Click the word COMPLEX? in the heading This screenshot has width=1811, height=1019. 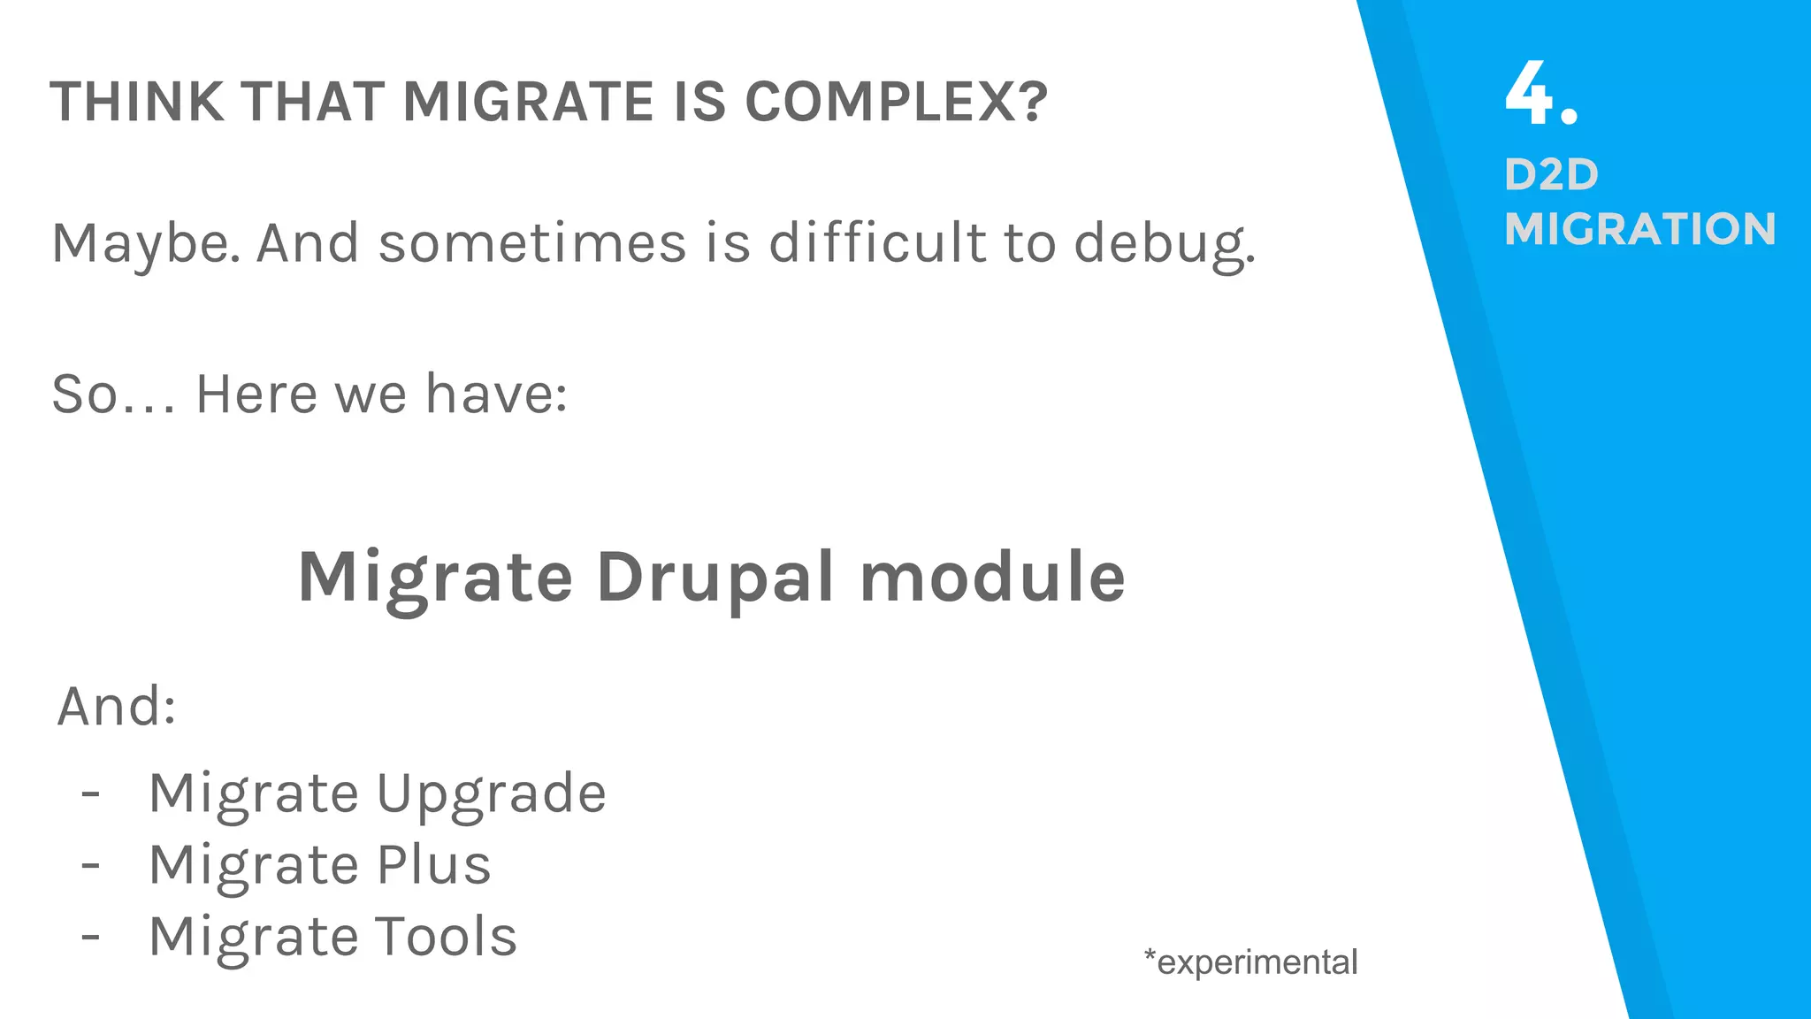coord(896,102)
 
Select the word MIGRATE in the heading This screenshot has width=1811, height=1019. coord(528,102)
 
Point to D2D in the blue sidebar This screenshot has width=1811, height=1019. coord(1551,175)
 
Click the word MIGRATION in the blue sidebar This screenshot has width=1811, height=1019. coord(1640,229)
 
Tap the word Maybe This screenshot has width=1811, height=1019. coord(146,243)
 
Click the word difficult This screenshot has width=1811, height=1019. coord(876,243)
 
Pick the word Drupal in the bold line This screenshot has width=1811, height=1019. coord(714,578)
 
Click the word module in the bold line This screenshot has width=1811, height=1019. coord(992,578)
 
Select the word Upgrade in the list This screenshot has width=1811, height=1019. coord(492,793)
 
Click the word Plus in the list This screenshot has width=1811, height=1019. coord(433,865)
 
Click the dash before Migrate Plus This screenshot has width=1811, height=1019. coord(90,864)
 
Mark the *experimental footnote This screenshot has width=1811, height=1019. coord(1250,962)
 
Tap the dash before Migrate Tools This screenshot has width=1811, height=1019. coord(90,936)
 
